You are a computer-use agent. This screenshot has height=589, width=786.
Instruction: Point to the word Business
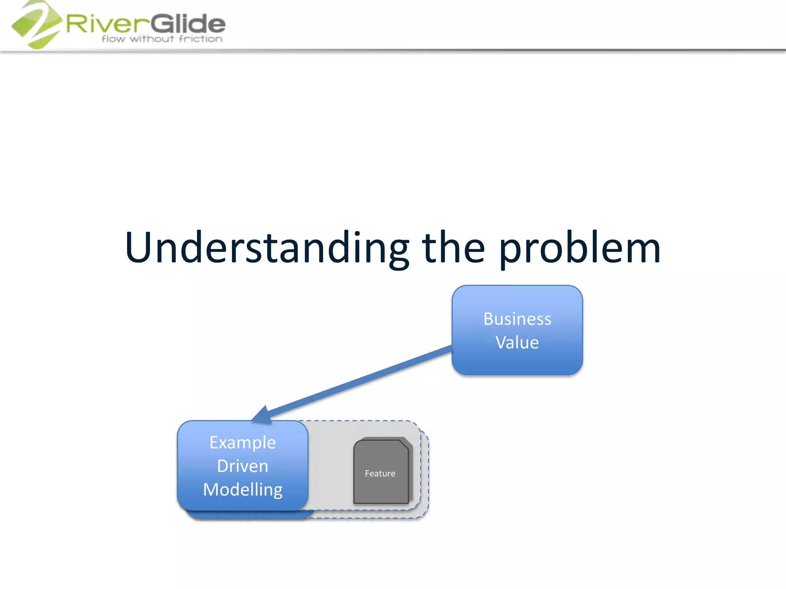click(517, 319)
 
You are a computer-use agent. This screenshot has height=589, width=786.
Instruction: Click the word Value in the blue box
click(517, 342)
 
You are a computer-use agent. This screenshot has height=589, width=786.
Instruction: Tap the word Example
click(243, 443)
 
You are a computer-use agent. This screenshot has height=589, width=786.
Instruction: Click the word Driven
click(243, 466)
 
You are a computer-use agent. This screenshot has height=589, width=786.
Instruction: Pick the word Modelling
click(243, 490)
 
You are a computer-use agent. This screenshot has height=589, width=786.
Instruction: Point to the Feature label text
click(380, 474)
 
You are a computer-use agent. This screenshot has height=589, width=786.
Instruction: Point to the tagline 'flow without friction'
click(162, 39)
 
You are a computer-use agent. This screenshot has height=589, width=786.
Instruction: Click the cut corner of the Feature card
click(404, 445)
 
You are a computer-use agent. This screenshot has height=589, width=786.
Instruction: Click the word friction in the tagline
click(200, 39)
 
